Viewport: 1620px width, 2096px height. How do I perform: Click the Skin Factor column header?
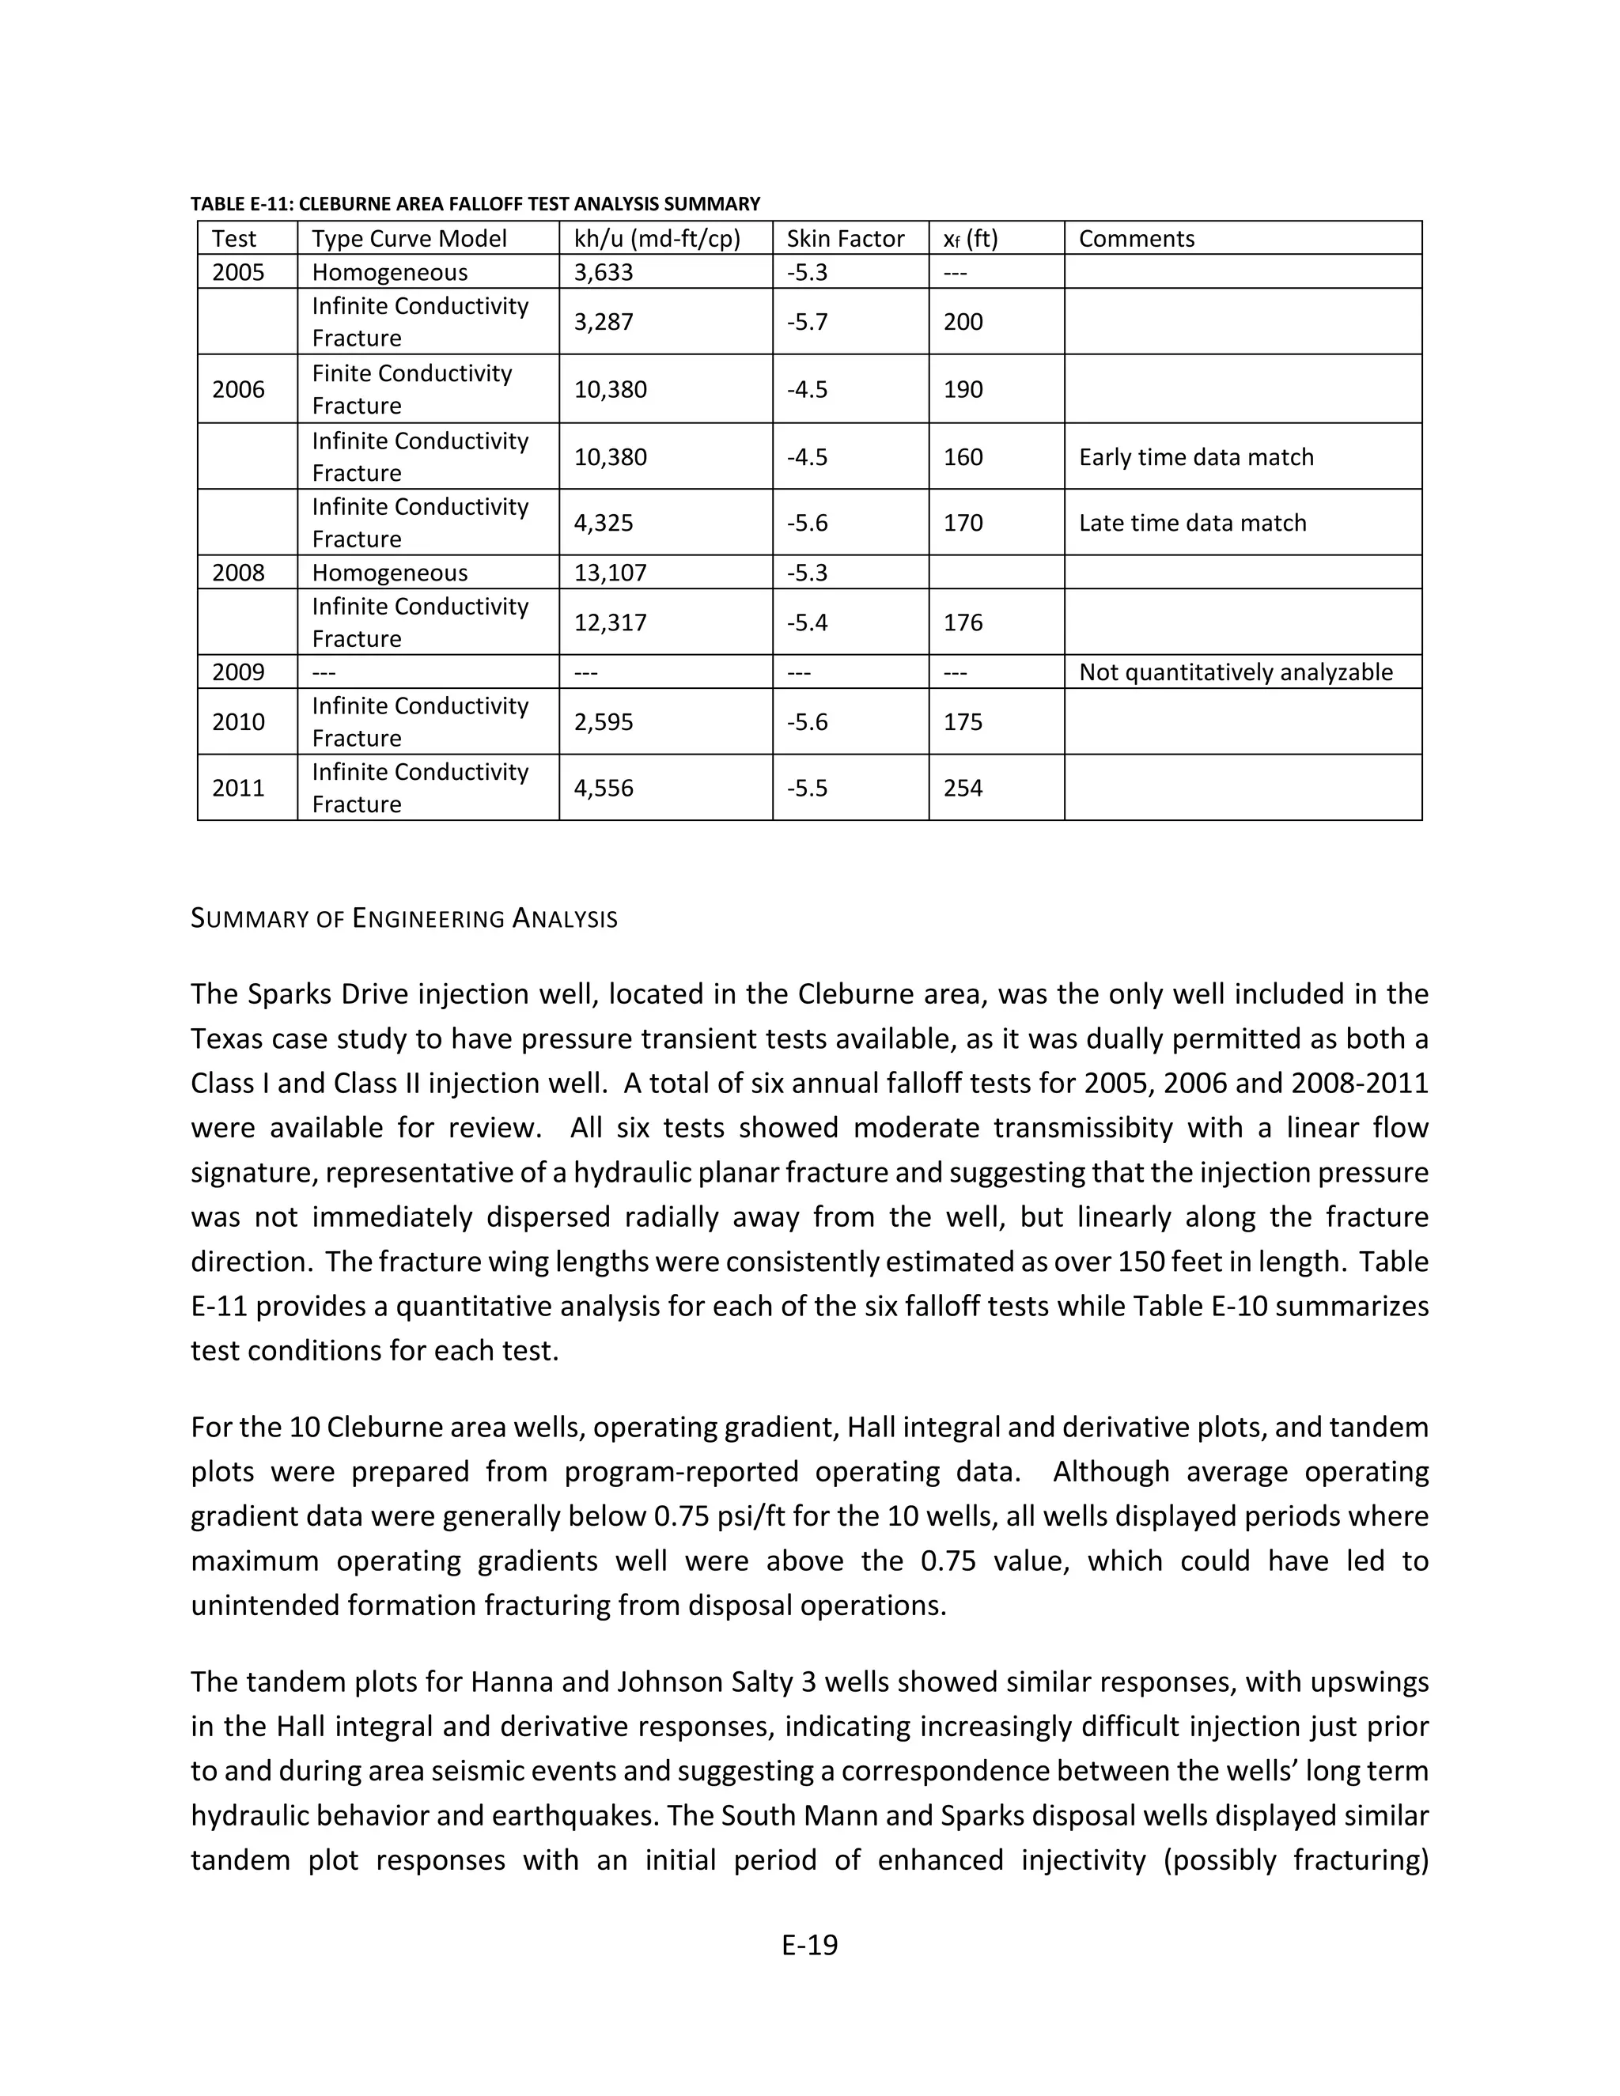(x=845, y=238)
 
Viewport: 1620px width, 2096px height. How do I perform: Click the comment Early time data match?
(x=1196, y=457)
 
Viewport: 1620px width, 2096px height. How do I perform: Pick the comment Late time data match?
(x=1192, y=523)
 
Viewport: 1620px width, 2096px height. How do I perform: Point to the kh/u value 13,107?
(x=611, y=573)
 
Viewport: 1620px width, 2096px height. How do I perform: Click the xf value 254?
(x=963, y=788)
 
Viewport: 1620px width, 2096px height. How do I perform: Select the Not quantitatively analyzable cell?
(x=1235, y=672)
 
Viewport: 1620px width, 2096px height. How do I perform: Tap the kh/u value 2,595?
(x=604, y=721)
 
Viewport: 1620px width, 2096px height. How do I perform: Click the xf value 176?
(x=963, y=622)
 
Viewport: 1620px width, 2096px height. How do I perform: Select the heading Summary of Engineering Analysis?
(x=404, y=918)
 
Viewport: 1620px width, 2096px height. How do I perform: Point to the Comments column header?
(x=1137, y=238)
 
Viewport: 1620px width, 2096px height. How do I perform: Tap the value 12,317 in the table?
(x=611, y=622)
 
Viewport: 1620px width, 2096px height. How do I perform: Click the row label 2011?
(x=238, y=788)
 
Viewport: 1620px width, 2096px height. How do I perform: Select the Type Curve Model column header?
(x=409, y=238)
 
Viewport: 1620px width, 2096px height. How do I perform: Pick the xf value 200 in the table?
(x=963, y=321)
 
